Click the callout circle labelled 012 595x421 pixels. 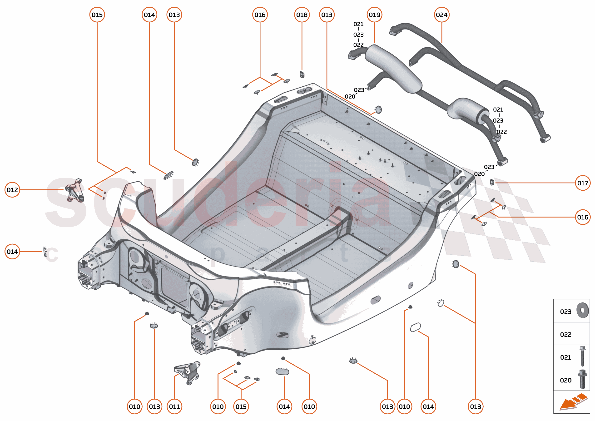(12, 190)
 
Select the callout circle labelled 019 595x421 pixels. (374, 15)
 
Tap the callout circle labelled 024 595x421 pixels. (441, 15)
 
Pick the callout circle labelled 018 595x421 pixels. (302, 15)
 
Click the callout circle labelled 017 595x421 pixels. (583, 183)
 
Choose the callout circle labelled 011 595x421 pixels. (174, 407)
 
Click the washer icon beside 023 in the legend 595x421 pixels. (583, 310)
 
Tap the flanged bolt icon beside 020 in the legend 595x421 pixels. (582, 379)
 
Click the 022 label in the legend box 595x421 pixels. (565, 334)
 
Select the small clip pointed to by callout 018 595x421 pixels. (302, 75)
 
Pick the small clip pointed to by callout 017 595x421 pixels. (492, 182)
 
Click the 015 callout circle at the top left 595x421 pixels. (97, 15)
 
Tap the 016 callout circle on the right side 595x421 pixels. (583, 217)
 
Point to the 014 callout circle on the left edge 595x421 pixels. (12, 252)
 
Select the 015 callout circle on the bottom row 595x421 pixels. (241, 407)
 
